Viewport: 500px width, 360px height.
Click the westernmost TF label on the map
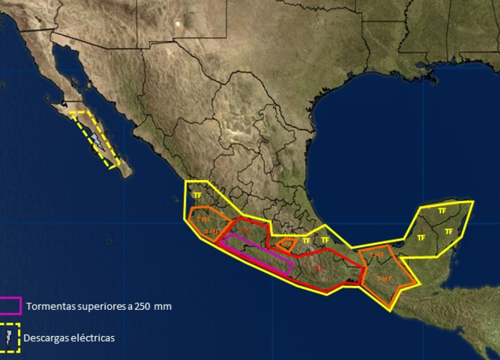197,196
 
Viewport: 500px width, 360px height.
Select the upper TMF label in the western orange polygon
204,220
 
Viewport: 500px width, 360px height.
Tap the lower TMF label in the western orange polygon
212,232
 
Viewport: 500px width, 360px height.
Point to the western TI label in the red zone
246,231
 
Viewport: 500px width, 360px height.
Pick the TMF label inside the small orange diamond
287,243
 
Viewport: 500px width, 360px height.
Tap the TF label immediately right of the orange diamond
306,240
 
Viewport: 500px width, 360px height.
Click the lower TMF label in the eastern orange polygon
384,279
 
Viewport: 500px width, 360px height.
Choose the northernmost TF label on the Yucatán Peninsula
442,211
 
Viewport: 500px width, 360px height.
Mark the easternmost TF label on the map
449,232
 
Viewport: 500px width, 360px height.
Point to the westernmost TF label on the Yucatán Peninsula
421,238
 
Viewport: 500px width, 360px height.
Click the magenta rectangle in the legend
10,305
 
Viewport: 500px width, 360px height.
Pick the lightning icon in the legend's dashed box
10,338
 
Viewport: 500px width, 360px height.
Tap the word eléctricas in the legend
93,338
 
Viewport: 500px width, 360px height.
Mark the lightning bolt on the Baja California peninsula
96,140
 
